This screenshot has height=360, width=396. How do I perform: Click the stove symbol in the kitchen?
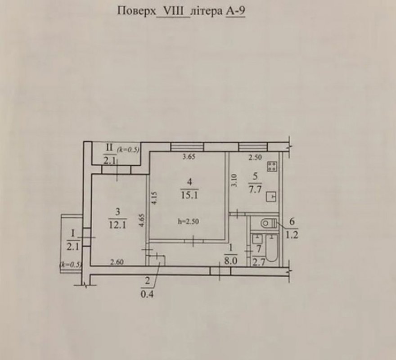(272, 166)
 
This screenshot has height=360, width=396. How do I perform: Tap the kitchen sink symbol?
(271, 197)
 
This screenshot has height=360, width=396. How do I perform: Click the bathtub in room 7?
(271, 247)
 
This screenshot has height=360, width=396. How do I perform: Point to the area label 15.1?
(189, 195)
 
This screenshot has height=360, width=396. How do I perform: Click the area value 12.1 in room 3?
(118, 225)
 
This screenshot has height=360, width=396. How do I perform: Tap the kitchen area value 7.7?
(255, 189)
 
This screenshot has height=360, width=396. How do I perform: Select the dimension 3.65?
(189, 157)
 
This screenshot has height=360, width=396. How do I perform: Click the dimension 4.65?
(142, 220)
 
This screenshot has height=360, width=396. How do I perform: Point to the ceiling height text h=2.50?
(188, 221)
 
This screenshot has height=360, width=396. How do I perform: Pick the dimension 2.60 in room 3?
(117, 262)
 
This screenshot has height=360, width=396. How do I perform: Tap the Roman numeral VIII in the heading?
(173, 11)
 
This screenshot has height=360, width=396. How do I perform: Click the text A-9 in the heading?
(235, 11)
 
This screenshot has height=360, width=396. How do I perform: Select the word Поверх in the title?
(137, 12)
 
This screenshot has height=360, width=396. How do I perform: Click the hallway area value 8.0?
(230, 261)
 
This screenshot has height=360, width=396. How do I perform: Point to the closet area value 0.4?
(147, 294)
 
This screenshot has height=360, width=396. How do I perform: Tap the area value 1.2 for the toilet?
(292, 235)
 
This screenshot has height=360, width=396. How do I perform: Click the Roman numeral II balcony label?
(109, 148)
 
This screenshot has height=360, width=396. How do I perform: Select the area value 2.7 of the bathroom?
(259, 262)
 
